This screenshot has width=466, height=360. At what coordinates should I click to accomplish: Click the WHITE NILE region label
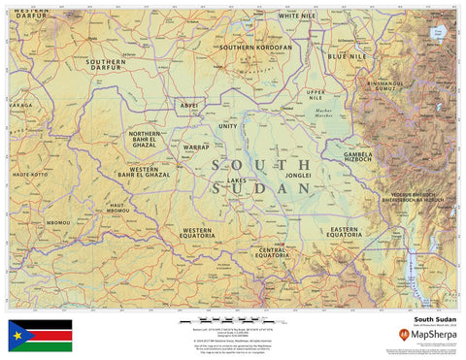click(x=297, y=16)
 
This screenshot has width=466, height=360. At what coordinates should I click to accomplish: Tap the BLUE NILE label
click(x=347, y=57)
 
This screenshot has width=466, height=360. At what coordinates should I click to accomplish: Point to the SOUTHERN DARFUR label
click(x=105, y=65)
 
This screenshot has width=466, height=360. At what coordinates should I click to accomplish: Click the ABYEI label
click(x=189, y=105)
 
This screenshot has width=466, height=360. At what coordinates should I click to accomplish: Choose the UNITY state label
click(x=227, y=126)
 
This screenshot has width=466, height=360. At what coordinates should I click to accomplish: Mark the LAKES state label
click(x=237, y=180)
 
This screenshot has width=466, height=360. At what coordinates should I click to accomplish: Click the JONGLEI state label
click(x=298, y=176)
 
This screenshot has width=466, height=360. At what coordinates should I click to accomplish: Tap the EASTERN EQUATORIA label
click(x=344, y=232)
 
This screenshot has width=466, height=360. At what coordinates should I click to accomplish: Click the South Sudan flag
click(x=40, y=335)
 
